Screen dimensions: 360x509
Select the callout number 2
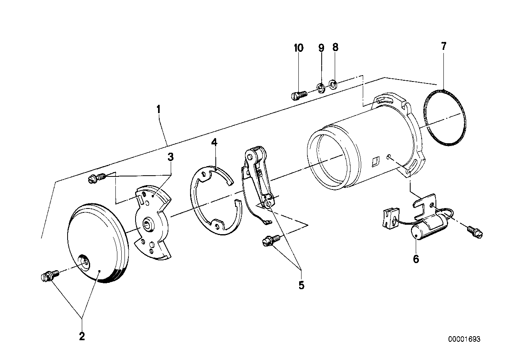coord(82,336)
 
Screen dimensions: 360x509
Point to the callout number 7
coord(443,46)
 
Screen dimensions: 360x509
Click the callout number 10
coord(299,48)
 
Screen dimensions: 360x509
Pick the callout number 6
coord(416,259)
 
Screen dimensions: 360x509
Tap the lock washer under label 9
coord(321,87)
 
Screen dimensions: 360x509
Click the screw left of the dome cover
coord(48,275)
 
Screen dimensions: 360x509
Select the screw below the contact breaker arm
coord(271,240)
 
